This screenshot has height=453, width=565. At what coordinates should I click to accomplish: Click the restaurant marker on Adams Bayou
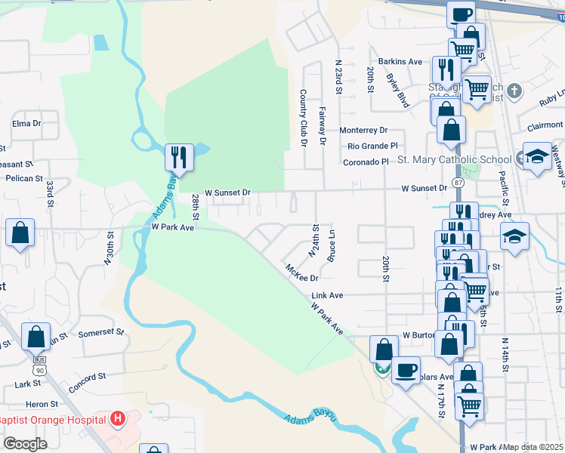click(x=180, y=157)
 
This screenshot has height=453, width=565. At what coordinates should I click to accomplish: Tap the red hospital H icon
click(x=117, y=418)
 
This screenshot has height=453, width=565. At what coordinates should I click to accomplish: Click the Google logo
click(x=25, y=444)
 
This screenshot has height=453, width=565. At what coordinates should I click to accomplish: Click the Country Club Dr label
click(x=304, y=117)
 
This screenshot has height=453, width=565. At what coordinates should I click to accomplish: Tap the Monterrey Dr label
click(x=363, y=130)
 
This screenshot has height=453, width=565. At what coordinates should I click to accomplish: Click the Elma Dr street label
click(x=25, y=122)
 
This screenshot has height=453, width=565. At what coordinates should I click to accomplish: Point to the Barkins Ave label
click(x=400, y=61)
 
